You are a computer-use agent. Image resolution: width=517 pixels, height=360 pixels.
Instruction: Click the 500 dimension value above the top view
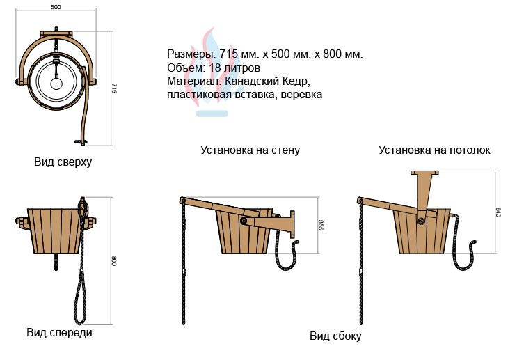point(56,7)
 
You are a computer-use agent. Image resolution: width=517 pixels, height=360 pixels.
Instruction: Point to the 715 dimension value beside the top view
point(113,88)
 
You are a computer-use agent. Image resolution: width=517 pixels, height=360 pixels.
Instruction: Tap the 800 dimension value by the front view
point(113,261)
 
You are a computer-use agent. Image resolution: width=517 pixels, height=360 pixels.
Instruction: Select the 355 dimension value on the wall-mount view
point(321,225)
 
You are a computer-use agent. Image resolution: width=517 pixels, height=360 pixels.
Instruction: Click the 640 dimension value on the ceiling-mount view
point(498,212)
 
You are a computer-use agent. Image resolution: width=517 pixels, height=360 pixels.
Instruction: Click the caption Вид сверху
point(63,162)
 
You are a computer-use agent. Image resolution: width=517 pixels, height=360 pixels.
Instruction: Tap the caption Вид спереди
point(59,332)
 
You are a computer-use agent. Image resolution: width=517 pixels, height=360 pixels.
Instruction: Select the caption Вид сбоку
point(335,336)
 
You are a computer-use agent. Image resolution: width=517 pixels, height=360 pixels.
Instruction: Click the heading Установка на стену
point(250,150)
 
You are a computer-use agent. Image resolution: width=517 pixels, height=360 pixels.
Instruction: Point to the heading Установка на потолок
point(434,150)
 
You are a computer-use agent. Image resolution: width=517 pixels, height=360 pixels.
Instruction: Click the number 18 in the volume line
point(214,68)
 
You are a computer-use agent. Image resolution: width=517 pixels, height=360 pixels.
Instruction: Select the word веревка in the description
point(302,95)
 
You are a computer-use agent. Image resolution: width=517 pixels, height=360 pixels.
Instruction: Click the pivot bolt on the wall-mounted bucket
point(244,221)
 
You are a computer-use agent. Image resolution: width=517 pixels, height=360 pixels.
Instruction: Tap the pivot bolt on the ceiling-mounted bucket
point(421,221)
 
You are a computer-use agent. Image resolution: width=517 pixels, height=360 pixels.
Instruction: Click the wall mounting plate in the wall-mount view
point(292,224)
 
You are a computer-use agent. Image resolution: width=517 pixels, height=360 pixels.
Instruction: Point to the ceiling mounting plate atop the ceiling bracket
point(424,173)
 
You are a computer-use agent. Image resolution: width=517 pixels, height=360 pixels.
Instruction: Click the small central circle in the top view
point(56,84)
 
